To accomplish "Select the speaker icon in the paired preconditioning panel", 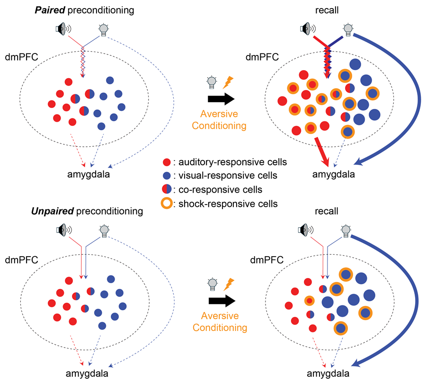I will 62,30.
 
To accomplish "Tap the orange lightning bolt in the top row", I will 228,82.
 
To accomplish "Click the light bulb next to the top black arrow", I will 213,82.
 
